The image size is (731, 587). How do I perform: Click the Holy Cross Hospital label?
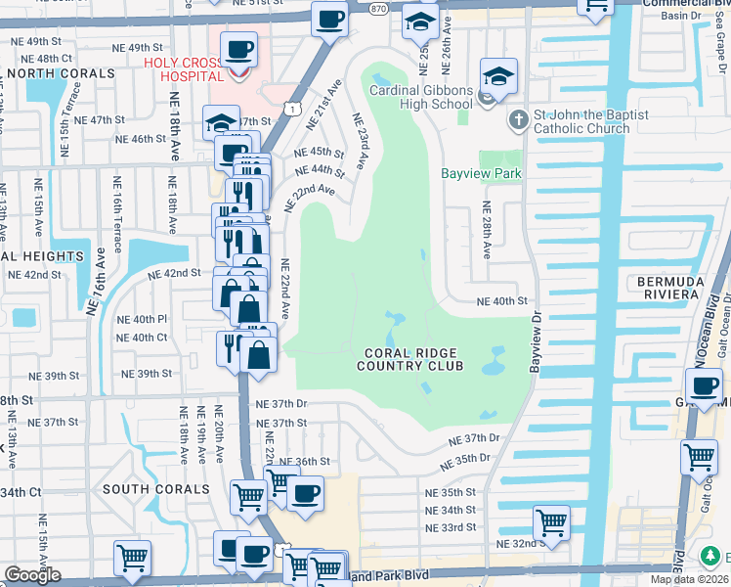(192, 69)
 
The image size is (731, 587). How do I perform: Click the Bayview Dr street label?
(535, 341)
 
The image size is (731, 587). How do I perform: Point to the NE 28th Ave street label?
(486, 231)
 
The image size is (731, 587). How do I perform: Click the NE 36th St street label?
(304, 461)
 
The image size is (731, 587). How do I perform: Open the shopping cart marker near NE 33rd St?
(551, 521)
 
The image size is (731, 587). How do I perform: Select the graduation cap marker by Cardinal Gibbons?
(497, 77)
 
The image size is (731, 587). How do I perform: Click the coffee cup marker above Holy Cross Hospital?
(238, 48)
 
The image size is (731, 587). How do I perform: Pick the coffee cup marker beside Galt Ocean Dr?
(706, 385)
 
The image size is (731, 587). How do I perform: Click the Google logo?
(32, 575)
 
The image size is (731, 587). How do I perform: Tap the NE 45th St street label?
(319, 153)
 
